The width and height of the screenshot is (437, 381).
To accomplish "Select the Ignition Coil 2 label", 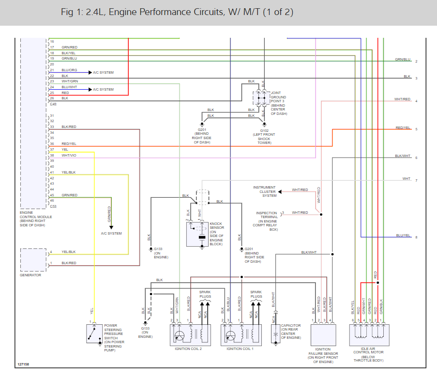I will (x=188, y=349).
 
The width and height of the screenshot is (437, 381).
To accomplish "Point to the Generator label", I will (x=30, y=275).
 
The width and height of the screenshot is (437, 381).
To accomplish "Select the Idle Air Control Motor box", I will (x=369, y=334).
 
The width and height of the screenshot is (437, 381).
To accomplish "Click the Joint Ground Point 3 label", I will (x=278, y=103).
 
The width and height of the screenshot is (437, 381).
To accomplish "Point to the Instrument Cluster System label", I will (x=264, y=191).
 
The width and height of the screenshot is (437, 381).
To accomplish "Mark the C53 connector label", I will (x=53, y=206).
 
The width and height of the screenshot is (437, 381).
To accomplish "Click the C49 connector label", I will (x=53, y=104).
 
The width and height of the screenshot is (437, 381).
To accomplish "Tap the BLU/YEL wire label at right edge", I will (x=403, y=235).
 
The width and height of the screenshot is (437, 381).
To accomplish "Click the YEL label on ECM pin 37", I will (x=65, y=149).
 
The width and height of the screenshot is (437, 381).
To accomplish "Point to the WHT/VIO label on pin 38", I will (x=69, y=155).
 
